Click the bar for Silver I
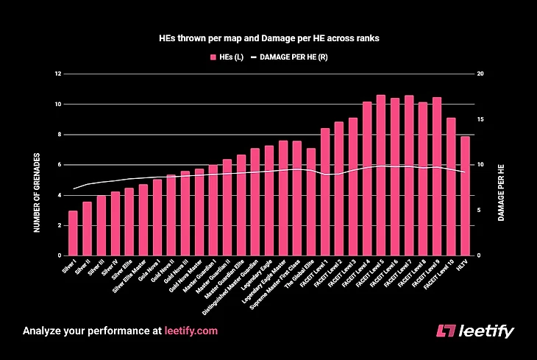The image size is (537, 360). click(x=73, y=233)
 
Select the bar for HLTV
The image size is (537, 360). click(x=465, y=196)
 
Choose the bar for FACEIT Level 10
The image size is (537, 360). click(x=451, y=186)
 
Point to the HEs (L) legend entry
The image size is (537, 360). click(x=228, y=57)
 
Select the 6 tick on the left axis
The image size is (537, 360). click(x=57, y=165)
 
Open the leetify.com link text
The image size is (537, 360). click(x=191, y=331)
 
